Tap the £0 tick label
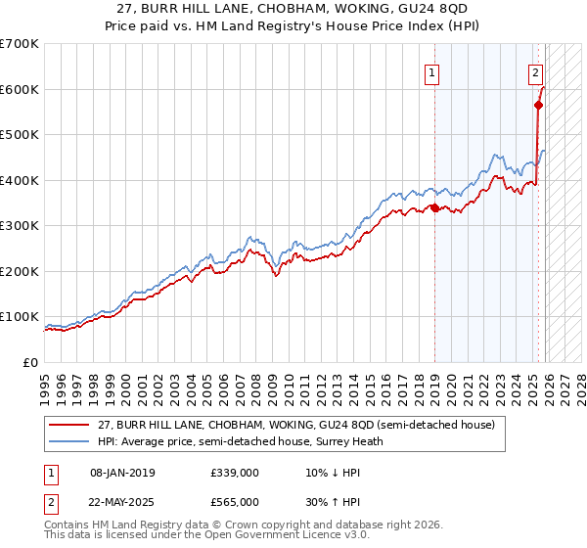[x=30, y=362]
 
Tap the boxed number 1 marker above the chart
[x=431, y=70]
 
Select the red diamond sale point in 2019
[x=434, y=207]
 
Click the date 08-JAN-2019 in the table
[x=121, y=473]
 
